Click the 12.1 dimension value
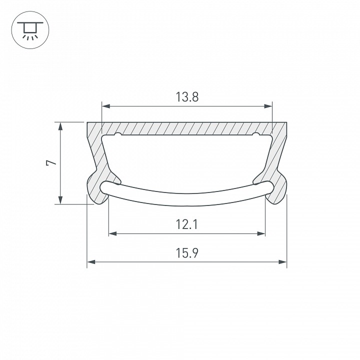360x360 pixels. pos(187,224)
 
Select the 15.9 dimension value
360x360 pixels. pos(187,253)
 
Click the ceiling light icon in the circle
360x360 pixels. pos(29,29)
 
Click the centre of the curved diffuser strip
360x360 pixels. pos(187,199)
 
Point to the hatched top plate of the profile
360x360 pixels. pos(187,128)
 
